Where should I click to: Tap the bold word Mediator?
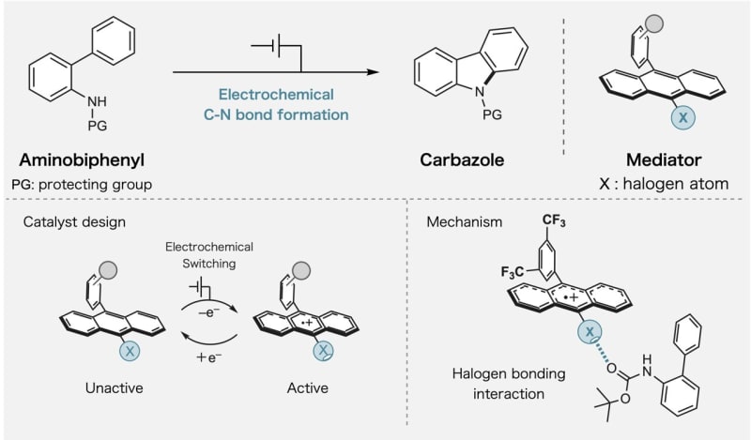(655, 159)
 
